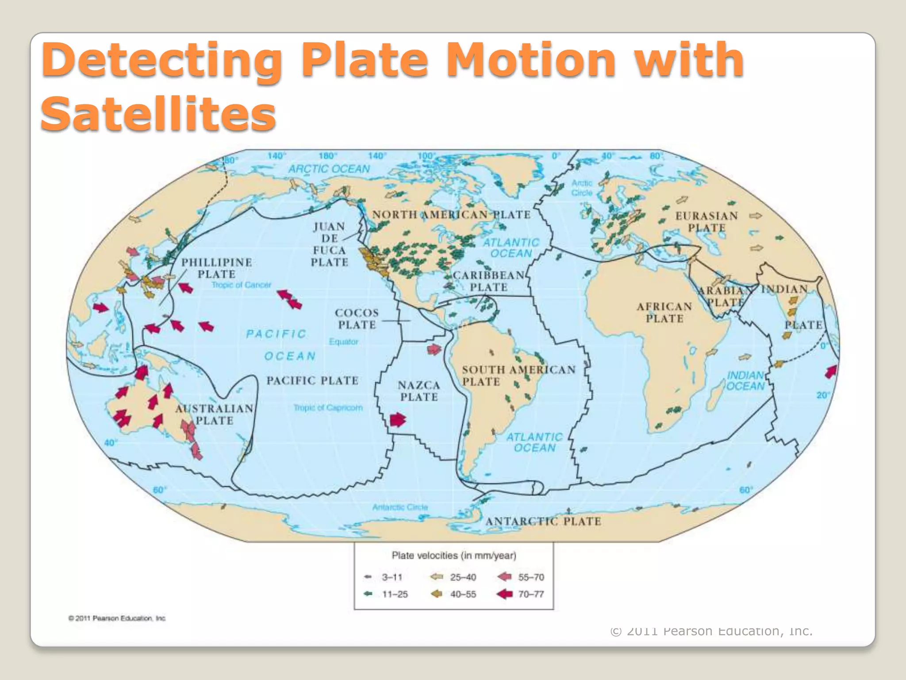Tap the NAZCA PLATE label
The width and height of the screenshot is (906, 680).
coord(419,391)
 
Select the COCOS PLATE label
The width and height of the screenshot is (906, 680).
coord(357,319)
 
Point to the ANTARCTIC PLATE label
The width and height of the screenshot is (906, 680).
coord(543,522)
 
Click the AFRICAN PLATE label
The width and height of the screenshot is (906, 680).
coord(664,312)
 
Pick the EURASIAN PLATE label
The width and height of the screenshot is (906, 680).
coord(706,222)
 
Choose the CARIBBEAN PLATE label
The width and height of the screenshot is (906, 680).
coord(488,281)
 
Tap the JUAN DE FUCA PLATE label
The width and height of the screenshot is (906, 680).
coord(330,244)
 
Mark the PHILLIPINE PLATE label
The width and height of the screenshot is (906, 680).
coord(217,268)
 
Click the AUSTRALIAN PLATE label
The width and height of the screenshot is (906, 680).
coord(215,414)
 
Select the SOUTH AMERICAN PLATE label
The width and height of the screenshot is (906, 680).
coord(518,375)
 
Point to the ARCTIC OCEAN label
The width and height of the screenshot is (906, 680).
coord(329,169)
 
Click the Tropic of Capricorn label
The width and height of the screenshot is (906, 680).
coord(328,407)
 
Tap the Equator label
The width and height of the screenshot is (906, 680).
coord(344,342)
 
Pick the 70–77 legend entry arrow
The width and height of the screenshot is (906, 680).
coord(505,594)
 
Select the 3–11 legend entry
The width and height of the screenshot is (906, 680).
coord(383,577)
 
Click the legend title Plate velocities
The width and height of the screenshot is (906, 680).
coord(454,555)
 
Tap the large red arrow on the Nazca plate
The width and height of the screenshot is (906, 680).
coord(397,419)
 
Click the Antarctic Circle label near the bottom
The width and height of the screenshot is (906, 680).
coord(400,507)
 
